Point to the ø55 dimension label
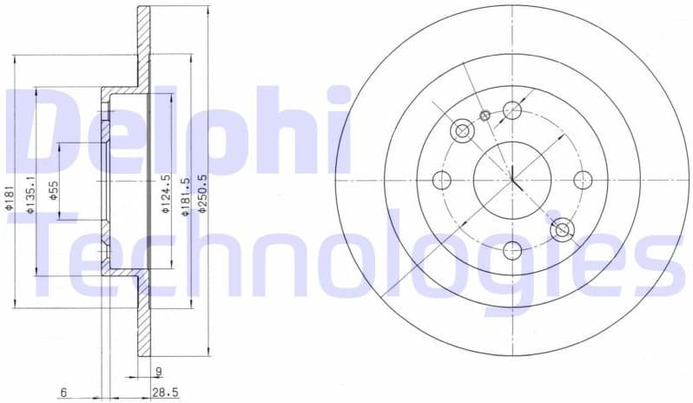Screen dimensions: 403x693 point(53,190)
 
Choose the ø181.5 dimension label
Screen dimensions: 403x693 point(184,195)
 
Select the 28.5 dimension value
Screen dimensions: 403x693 point(164,393)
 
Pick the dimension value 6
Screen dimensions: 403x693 point(64,393)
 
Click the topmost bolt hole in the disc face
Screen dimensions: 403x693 point(512,110)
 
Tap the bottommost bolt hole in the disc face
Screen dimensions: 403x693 point(512,251)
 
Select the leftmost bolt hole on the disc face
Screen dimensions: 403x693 point(442,181)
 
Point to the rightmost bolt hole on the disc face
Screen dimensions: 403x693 point(583,180)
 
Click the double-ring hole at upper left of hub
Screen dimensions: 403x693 point(462,131)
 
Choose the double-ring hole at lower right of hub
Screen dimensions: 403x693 point(562,230)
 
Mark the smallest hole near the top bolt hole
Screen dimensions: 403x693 point(485,115)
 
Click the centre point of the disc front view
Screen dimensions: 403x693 point(512,181)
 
